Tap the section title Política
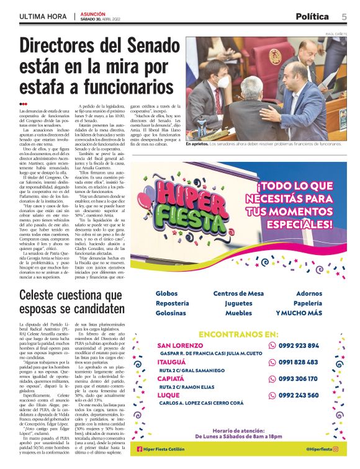[x=312, y=16]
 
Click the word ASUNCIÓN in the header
[x=93, y=13]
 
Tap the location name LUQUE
[x=169, y=395]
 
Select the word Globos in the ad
[x=167, y=293]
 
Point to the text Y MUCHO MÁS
[x=299, y=313]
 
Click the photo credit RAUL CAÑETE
[x=336, y=33]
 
